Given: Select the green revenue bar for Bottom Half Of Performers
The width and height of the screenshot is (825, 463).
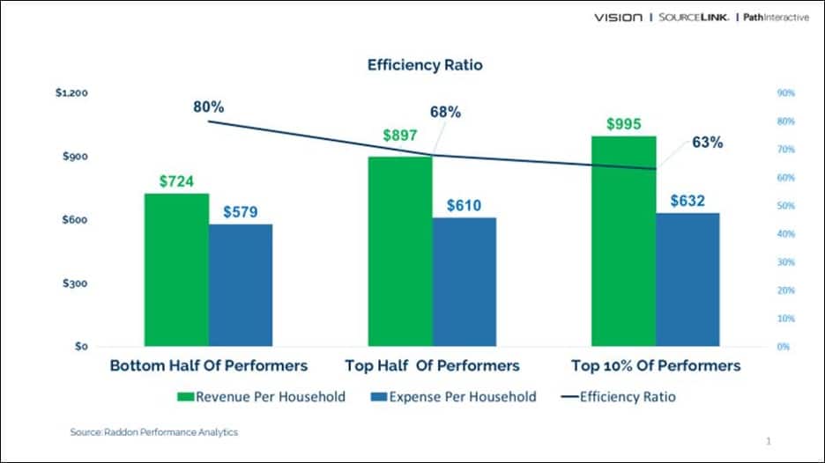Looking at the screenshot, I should tap(176, 268).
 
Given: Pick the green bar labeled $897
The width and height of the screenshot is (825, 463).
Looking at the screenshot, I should tap(400, 251).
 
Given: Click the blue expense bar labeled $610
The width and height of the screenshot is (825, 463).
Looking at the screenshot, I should tap(465, 281).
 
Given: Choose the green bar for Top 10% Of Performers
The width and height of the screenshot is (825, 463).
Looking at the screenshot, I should tap(623, 240).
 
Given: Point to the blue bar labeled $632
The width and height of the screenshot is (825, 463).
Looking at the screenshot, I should tap(687, 279).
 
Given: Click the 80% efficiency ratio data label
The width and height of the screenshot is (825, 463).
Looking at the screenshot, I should tap(209, 107).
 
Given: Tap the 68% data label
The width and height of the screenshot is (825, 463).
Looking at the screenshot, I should tap(445, 113).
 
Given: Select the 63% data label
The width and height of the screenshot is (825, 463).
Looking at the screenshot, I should tap(707, 142).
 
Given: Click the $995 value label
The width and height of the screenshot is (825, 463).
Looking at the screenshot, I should tap(624, 124).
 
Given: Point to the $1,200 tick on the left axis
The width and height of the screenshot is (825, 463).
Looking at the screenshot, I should tap(70, 92).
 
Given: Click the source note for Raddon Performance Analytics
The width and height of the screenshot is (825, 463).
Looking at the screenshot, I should tap(154, 432).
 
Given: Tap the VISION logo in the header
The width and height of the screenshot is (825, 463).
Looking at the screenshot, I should tap(618, 18).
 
